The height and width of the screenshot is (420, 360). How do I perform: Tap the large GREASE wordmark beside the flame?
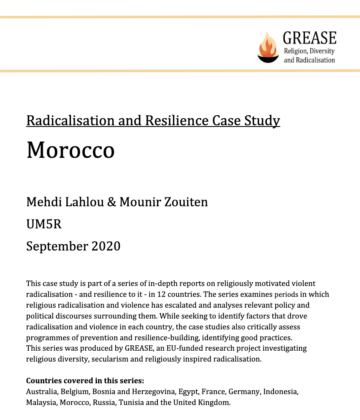(309, 38)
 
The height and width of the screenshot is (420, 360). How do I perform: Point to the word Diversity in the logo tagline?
(322, 51)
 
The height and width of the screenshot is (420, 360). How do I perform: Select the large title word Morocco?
(70, 149)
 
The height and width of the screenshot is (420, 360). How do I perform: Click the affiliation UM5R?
(44, 224)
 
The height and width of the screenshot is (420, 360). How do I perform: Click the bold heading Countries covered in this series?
(85, 381)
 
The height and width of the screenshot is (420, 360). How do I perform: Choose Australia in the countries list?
(42, 392)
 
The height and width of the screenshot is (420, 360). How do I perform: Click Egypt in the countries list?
(188, 392)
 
